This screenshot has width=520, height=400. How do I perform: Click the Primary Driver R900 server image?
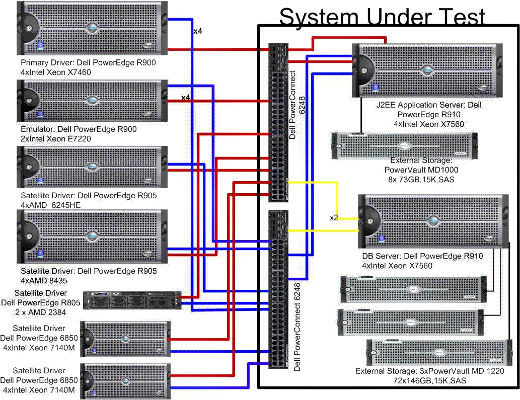[91, 29]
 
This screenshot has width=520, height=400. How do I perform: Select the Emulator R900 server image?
[91, 101]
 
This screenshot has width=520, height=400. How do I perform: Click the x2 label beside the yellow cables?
[334, 218]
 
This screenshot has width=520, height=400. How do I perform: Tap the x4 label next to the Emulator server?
[186, 97]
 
